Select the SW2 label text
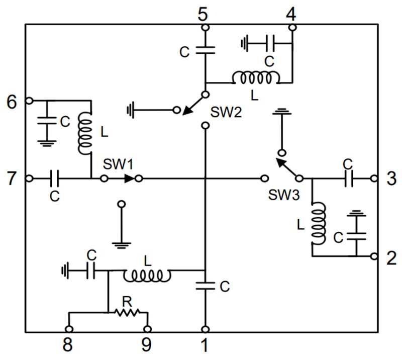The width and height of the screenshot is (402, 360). point(226,112)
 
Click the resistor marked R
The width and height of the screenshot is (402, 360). point(127,312)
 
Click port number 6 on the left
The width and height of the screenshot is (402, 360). point(12,102)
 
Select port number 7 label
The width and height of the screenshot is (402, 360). point(12,178)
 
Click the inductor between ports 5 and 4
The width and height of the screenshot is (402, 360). point(256,78)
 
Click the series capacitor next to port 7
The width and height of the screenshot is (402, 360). point(55,178)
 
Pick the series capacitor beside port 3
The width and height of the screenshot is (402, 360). point(348,178)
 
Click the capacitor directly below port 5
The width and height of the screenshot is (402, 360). point(205,49)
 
